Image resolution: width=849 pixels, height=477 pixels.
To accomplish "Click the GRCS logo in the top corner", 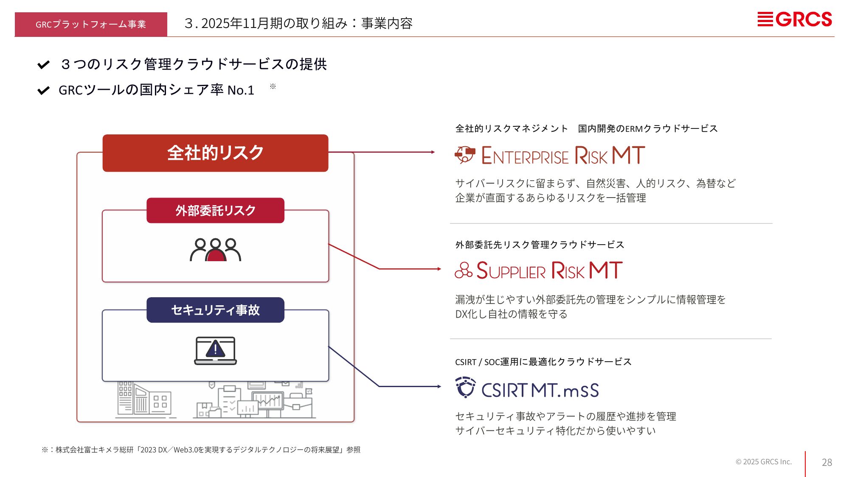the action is [x=795, y=20].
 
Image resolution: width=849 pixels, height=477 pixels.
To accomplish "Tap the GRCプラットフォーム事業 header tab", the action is [x=91, y=24].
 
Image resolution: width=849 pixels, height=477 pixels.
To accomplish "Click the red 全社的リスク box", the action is [x=215, y=153].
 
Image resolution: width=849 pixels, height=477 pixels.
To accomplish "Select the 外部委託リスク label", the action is [x=215, y=210].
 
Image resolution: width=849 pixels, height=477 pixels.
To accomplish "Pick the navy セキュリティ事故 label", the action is [x=215, y=310].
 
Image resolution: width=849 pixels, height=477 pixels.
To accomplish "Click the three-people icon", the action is [x=215, y=249].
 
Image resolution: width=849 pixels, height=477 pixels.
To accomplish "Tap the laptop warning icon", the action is [x=215, y=351].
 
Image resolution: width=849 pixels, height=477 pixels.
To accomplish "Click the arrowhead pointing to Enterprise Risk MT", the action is [x=433, y=152].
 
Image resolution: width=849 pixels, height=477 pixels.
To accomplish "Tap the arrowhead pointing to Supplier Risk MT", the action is [x=439, y=269].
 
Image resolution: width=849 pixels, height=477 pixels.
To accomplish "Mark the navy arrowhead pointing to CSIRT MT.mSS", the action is [x=439, y=386].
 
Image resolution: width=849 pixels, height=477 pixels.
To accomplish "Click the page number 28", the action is [x=827, y=463].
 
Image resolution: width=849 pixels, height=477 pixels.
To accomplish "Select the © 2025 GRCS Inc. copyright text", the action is [x=764, y=462].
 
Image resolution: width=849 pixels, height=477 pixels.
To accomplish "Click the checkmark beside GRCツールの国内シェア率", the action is [x=43, y=90].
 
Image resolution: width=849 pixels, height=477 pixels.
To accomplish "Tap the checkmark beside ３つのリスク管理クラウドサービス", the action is [x=43, y=64].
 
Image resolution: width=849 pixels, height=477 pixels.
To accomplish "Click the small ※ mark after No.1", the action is [x=273, y=86].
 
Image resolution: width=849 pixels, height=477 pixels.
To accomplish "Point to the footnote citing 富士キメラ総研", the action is [x=201, y=450].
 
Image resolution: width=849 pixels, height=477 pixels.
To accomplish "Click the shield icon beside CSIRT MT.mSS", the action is [x=465, y=387].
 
